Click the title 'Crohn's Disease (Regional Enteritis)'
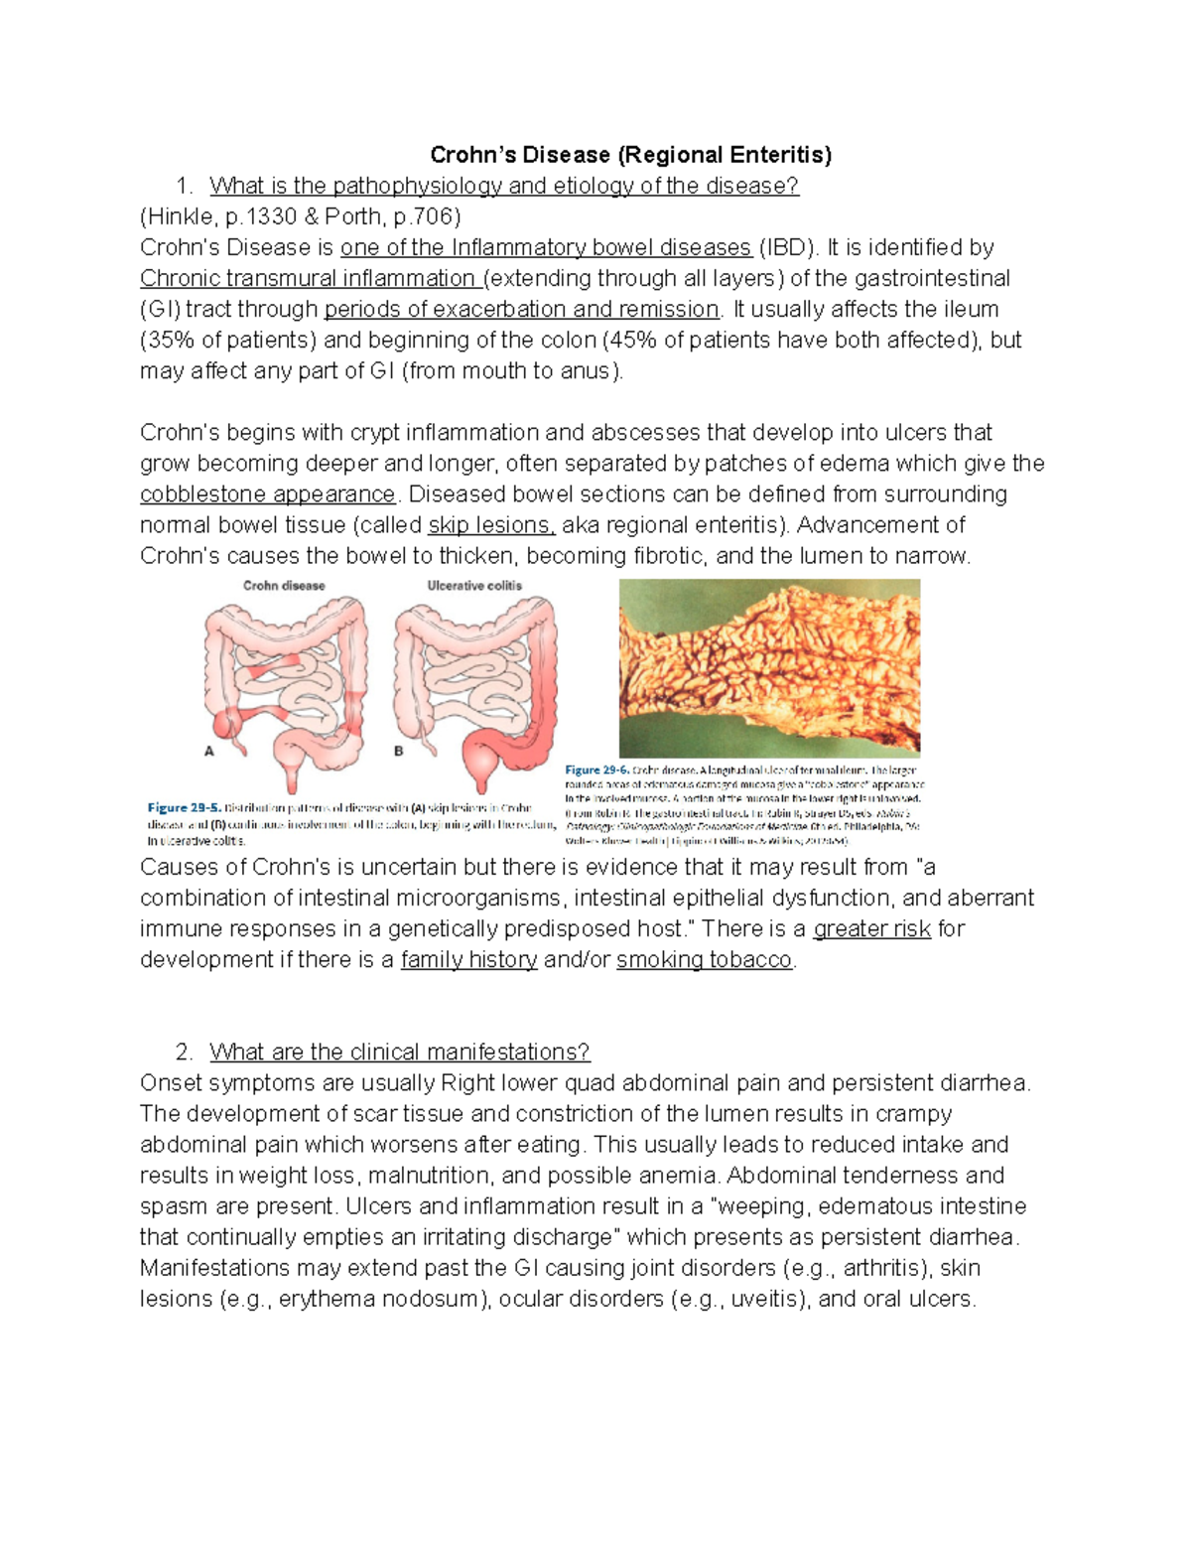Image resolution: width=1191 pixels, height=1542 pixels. tap(630, 155)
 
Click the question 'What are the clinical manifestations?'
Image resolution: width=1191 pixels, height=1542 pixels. tap(399, 1051)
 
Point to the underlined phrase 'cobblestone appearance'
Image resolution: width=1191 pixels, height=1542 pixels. tap(267, 494)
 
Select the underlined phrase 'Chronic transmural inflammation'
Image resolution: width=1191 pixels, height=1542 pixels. tap(309, 278)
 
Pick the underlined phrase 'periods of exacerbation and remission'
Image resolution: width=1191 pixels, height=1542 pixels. tap(521, 309)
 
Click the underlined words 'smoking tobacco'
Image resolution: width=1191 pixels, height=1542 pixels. tap(704, 960)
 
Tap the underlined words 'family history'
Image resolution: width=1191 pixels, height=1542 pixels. tap(468, 960)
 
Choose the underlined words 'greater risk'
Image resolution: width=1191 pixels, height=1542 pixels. tap(871, 929)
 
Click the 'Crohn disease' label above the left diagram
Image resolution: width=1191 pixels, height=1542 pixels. tap(284, 586)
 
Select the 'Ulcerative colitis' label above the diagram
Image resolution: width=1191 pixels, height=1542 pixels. tap(474, 586)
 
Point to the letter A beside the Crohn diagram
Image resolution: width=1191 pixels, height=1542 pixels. tap(209, 752)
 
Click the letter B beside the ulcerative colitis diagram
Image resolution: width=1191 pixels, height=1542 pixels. tap(399, 752)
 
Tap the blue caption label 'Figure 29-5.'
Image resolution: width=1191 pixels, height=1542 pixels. tap(184, 808)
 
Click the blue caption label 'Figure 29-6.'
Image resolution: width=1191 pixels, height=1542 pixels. tap(596, 770)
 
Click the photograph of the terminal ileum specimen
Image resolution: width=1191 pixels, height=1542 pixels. tap(769, 667)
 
